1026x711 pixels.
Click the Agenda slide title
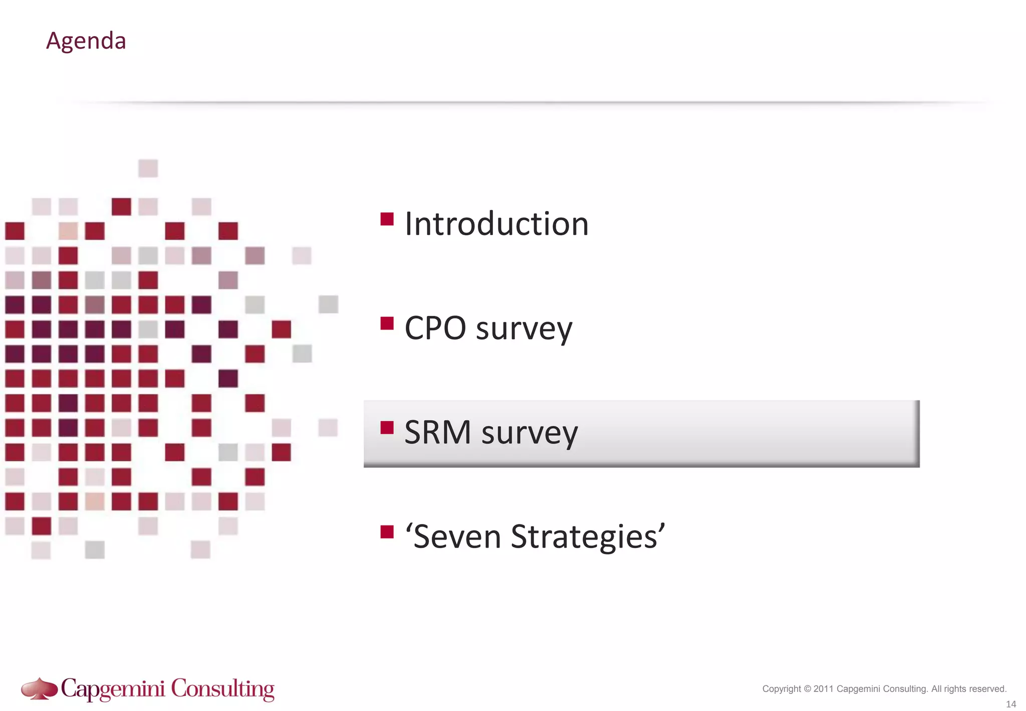[86, 41]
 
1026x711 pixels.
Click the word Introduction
[496, 224]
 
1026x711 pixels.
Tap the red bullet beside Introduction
[387, 219]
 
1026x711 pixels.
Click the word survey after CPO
[524, 330]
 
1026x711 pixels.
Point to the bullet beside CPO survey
[387, 323]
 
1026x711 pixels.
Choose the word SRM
[437, 432]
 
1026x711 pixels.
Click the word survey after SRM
[530, 434]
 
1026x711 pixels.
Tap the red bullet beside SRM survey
[387, 428]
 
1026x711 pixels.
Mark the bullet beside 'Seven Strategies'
[387, 531]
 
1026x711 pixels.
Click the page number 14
[1011, 704]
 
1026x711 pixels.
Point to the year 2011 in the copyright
[824, 689]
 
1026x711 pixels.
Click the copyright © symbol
[807, 689]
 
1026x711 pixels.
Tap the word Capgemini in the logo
[113, 689]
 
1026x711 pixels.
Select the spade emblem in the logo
[40, 688]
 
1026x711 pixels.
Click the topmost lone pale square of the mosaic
[148, 168]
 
